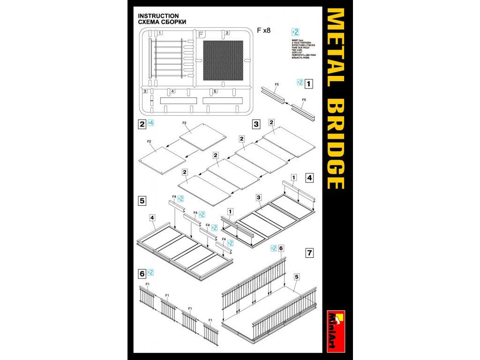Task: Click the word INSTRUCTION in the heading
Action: tap(158, 16)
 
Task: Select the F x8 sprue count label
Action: tap(264, 30)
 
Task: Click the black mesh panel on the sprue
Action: tap(223, 60)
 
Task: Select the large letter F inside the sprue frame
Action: tap(201, 34)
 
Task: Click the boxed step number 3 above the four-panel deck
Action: tap(256, 124)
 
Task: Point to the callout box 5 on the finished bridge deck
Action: tap(296, 277)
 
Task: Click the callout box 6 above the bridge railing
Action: tap(281, 248)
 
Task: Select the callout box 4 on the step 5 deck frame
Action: tap(152, 217)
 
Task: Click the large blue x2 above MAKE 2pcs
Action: tap(295, 32)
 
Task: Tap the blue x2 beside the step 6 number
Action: tap(150, 272)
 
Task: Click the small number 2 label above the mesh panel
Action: tap(227, 33)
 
